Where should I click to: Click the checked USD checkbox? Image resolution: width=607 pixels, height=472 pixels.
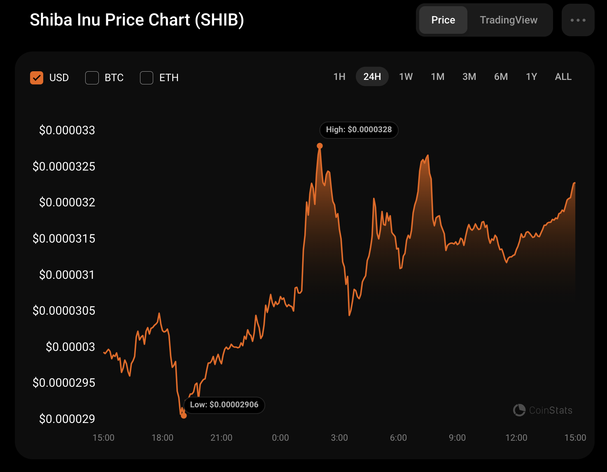pyautogui.click(x=37, y=77)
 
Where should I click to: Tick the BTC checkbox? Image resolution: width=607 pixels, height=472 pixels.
pyautogui.click(x=92, y=77)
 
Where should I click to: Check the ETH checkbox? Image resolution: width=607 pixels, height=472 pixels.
pyautogui.click(x=147, y=77)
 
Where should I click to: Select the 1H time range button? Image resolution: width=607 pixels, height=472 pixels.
pyautogui.click(x=339, y=77)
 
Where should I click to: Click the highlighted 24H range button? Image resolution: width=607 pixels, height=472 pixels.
pyautogui.click(x=372, y=77)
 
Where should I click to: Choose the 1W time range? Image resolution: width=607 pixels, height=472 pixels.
pyautogui.click(x=406, y=77)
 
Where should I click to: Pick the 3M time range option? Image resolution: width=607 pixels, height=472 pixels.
pyautogui.click(x=469, y=77)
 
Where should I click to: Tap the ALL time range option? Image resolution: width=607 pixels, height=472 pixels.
pyautogui.click(x=563, y=77)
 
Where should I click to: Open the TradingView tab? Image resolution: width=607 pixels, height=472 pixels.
pyautogui.click(x=509, y=20)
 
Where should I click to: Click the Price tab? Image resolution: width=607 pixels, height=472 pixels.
pyautogui.click(x=443, y=20)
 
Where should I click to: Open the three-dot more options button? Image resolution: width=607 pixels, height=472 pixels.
pyautogui.click(x=578, y=20)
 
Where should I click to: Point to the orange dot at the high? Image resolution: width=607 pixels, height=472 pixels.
pyautogui.click(x=320, y=146)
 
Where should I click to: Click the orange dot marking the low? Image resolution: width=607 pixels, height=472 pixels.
pyautogui.click(x=184, y=416)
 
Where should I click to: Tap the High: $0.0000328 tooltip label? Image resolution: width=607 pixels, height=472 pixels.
pyautogui.click(x=359, y=130)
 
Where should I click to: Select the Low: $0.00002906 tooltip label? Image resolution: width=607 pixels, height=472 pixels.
pyautogui.click(x=224, y=405)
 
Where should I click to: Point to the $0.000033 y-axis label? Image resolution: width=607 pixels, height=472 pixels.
pyautogui.click(x=67, y=130)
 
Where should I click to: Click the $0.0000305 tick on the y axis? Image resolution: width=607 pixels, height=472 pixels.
pyautogui.click(x=64, y=311)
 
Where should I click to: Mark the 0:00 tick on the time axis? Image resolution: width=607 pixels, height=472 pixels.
pyautogui.click(x=280, y=437)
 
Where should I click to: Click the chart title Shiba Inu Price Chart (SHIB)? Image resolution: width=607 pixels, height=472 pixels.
pyautogui.click(x=137, y=20)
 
